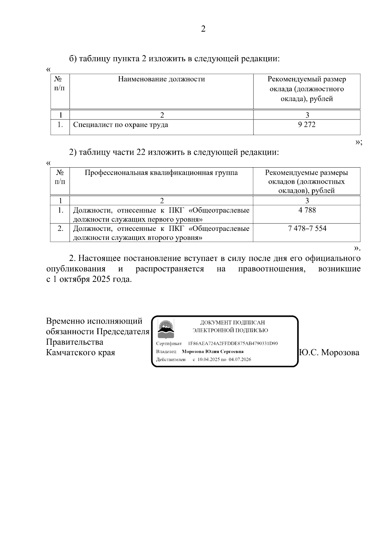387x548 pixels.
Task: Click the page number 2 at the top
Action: (x=203, y=29)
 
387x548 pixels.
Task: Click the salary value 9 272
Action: (x=307, y=125)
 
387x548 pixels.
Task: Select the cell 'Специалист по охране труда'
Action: (x=121, y=125)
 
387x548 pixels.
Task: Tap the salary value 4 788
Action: (x=307, y=210)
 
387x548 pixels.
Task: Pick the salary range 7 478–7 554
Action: (x=307, y=229)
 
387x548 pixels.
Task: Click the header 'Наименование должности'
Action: (x=161, y=79)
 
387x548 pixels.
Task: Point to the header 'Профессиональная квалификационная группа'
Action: (x=161, y=173)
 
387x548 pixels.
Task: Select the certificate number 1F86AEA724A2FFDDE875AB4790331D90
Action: (x=233, y=344)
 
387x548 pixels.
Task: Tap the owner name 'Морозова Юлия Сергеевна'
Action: (x=213, y=352)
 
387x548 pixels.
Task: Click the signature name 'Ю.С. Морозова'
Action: (x=329, y=353)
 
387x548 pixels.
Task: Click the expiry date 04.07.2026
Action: (x=240, y=359)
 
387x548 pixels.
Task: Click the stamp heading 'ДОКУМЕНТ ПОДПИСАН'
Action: (x=233, y=322)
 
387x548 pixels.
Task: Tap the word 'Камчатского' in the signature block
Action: (x=68, y=352)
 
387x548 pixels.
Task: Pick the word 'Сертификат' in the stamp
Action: (x=169, y=344)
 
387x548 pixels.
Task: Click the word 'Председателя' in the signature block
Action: (x=123, y=332)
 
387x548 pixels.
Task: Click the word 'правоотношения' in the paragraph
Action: (x=272, y=269)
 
